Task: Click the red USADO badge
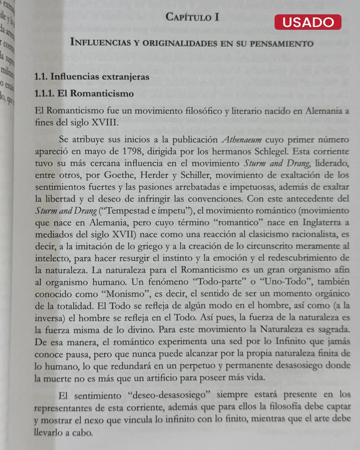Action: pyautogui.click(x=308, y=22)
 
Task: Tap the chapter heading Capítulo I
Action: pyautogui.click(x=192, y=17)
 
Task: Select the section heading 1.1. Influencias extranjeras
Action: pyautogui.click(x=92, y=77)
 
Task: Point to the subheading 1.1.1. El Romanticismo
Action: pyautogui.click(x=84, y=93)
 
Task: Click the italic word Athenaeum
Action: pyautogui.click(x=242, y=139)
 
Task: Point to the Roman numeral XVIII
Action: pyautogui.click(x=105, y=122)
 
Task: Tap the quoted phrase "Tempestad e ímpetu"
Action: pyautogui.click(x=146, y=211)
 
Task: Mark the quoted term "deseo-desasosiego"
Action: pyautogui.click(x=169, y=395)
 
